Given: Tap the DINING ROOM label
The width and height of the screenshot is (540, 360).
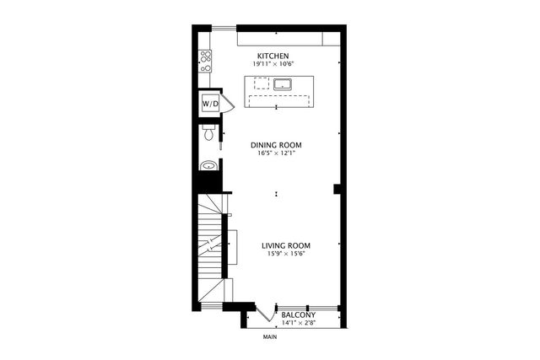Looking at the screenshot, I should (x=276, y=145).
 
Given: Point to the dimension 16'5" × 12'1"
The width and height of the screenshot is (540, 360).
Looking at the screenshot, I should (x=276, y=153).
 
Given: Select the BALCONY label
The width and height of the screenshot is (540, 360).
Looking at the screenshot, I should (x=299, y=315).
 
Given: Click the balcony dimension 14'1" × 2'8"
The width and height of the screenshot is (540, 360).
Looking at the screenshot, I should (x=299, y=323).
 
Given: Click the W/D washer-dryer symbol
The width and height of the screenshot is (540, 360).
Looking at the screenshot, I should (x=209, y=104).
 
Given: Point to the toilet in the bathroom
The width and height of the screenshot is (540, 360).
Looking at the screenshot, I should (x=209, y=135).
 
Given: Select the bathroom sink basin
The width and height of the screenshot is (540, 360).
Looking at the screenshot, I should (x=208, y=165).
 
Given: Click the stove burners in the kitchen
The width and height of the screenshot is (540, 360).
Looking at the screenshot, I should (x=205, y=58).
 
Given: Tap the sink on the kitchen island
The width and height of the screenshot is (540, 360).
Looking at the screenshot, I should (x=282, y=83).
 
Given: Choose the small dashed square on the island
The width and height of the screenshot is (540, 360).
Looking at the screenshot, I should (x=262, y=83).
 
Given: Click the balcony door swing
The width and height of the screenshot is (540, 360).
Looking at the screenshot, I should (x=267, y=311).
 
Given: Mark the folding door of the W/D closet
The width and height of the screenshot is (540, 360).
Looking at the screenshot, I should (x=225, y=104).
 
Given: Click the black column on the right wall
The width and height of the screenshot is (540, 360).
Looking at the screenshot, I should (x=337, y=188).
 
